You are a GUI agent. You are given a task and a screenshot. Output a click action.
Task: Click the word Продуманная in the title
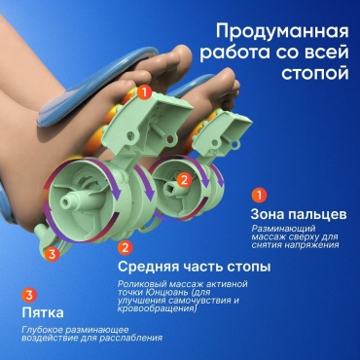click(x=282, y=32)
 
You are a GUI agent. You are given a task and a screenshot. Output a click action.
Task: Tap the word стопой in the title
click(x=315, y=74)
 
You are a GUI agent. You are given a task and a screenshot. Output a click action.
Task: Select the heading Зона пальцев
click(x=299, y=214)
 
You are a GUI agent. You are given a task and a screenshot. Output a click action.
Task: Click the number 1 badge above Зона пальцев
click(x=259, y=196)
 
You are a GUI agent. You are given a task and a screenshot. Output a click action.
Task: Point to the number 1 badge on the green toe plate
click(x=144, y=92)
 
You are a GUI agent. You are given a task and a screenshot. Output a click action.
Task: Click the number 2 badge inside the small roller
click(x=184, y=180)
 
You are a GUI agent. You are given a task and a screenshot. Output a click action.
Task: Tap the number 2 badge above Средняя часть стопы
click(x=125, y=248)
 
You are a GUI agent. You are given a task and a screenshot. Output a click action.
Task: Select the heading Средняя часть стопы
click(x=194, y=268)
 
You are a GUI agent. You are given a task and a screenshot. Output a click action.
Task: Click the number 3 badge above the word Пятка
click(x=29, y=295)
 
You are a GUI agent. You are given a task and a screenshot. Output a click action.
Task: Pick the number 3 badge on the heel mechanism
click(x=52, y=254)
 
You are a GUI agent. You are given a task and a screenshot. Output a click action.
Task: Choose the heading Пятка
click(x=43, y=313)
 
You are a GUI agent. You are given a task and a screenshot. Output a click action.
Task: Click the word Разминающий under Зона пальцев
click(x=284, y=229)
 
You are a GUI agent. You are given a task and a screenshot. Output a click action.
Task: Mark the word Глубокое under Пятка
click(x=42, y=330)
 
